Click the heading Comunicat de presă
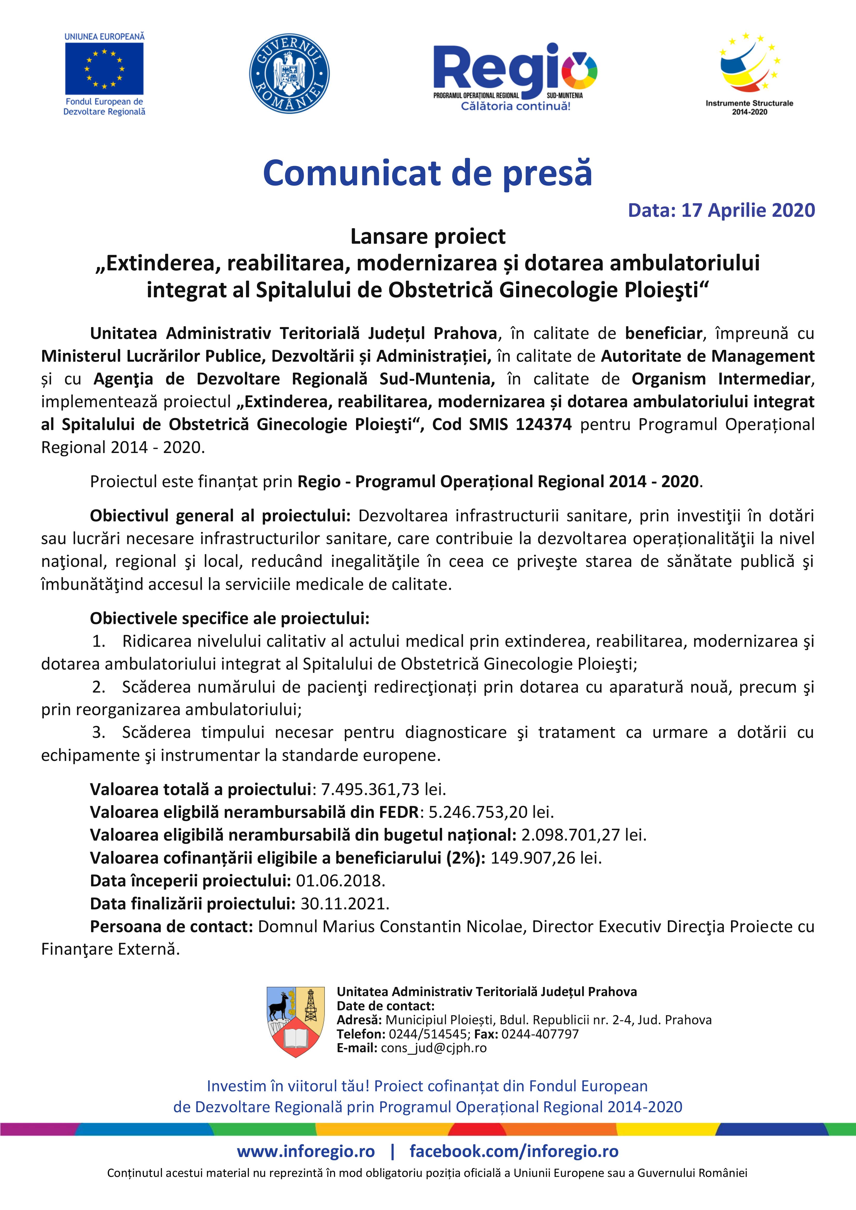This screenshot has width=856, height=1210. [427, 173]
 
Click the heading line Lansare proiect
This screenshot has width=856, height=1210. [427, 237]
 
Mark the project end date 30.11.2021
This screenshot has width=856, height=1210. [344, 903]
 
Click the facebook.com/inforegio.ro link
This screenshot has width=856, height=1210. [514, 1152]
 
